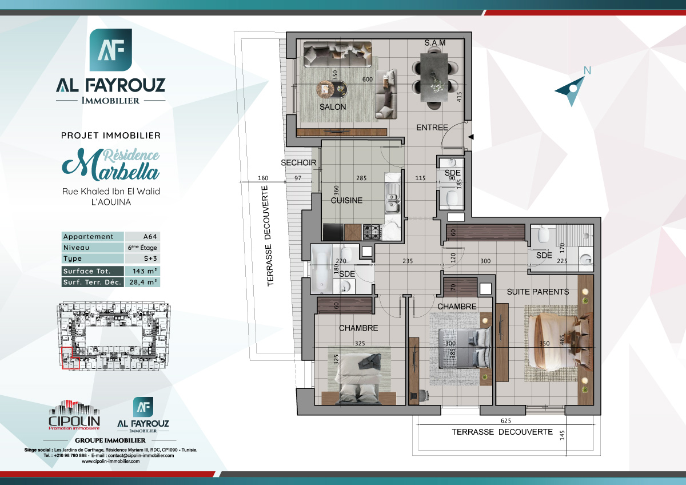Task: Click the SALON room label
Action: pos(332,107)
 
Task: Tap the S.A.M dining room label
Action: pos(434,43)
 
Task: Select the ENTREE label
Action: pos(432,128)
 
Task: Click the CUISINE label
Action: pos(346,201)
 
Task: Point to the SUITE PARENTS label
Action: pos(537,292)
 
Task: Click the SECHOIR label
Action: pos(298,163)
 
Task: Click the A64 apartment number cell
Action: pos(142,237)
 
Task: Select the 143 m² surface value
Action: pos(142,271)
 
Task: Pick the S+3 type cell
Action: pos(142,259)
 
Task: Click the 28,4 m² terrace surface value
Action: pos(142,282)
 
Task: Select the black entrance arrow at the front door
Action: pos(470,137)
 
